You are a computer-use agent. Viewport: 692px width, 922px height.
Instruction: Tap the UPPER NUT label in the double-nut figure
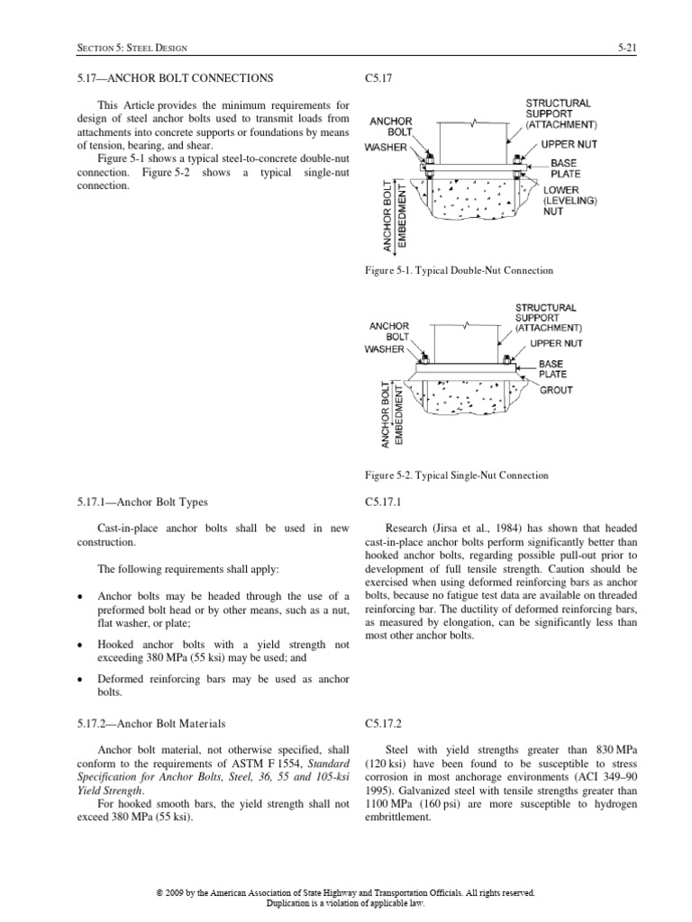[569, 144]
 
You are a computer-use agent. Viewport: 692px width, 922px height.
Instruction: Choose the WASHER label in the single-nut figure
[386, 348]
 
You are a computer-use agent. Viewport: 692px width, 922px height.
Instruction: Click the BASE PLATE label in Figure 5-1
[566, 168]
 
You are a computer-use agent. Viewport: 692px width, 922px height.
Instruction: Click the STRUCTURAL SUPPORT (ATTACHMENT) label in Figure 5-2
[548, 318]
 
